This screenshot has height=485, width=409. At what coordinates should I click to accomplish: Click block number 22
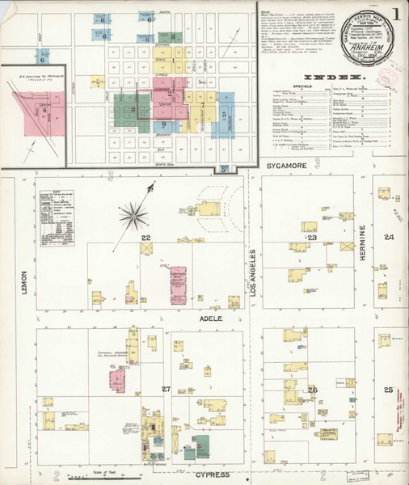pos(145,238)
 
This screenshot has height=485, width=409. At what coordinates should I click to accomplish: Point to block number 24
pos(389,237)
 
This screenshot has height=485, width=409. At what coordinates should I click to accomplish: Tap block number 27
pos(166,390)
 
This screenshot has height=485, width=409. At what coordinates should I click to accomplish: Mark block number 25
pos(389,390)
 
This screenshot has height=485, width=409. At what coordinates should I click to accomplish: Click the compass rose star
pos(134,217)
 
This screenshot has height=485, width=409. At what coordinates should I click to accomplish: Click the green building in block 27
pos(199,445)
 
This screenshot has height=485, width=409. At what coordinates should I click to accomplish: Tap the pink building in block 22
pos(177,285)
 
